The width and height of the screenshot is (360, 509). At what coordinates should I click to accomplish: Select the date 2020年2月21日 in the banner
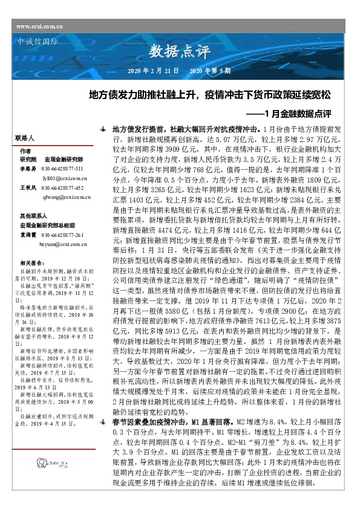[153, 71]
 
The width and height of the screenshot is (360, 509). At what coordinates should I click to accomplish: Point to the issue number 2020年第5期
[211, 71]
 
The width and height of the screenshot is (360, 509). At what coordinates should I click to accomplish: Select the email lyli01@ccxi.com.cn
[65, 178]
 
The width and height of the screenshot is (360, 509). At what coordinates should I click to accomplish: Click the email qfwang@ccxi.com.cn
[65, 197]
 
